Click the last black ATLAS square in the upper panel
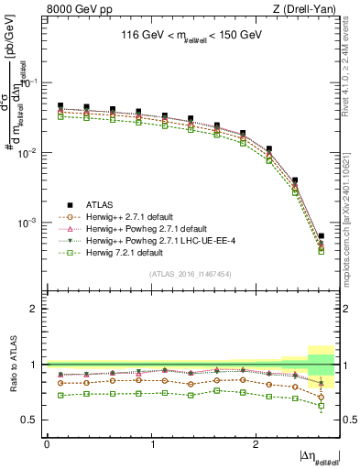pos(321,236)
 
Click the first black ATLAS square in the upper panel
pos(60,106)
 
